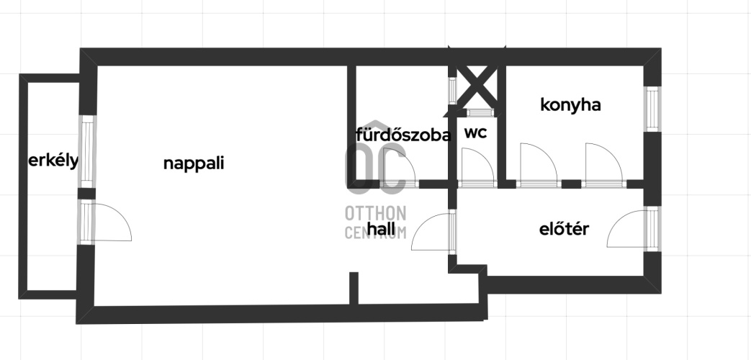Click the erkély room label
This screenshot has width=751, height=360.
point(53,161)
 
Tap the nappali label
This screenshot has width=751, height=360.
point(194,163)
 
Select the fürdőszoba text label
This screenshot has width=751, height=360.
point(403,135)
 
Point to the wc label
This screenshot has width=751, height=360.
point(475,132)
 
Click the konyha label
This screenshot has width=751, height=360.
point(570,105)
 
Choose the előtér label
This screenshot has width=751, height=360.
point(564,229)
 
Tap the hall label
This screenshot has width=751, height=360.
point(381,228)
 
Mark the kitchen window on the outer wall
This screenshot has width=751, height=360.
point(652,108)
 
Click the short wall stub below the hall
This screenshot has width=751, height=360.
point(354,288)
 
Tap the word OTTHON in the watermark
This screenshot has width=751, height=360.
point(376,214)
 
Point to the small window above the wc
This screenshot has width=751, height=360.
point(480,113)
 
